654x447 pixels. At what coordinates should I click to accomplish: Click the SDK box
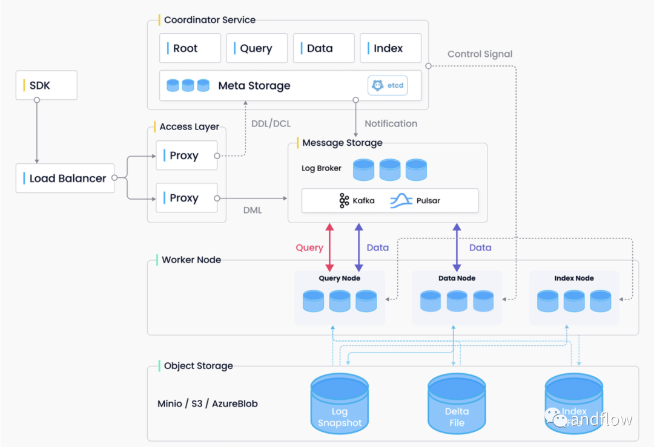click(47, 85)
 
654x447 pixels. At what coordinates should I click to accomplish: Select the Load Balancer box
click(65, 178)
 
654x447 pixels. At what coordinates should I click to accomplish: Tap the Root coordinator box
click(190, 48)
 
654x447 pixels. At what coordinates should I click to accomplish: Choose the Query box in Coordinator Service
click(257, 48)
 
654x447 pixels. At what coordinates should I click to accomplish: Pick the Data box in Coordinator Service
click(323, 48)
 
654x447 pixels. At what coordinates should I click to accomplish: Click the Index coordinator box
click(391, 48)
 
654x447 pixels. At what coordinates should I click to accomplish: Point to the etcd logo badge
click(387, 86)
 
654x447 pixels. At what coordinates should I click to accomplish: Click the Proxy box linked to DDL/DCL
click(187, 155)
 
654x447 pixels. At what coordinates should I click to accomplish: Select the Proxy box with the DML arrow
click(187, 198)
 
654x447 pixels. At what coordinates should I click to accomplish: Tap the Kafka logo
click(344, 201)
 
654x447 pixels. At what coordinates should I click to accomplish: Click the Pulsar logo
click(401, 200)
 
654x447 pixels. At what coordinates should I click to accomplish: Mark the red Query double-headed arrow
click(330, 247)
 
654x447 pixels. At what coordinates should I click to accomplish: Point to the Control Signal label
click(480, 54)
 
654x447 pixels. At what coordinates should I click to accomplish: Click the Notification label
click(391, 123)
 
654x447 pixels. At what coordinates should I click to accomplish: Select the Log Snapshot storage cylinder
click(339, 402)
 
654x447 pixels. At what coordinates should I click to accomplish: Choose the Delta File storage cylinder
click(457, 402)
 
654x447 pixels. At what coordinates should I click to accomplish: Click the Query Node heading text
click(339, 278)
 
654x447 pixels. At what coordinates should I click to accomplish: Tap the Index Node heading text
click(574, 278)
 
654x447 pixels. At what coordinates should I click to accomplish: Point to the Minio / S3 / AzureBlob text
click(208, 403)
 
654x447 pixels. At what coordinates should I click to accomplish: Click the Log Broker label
click(322, 168)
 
